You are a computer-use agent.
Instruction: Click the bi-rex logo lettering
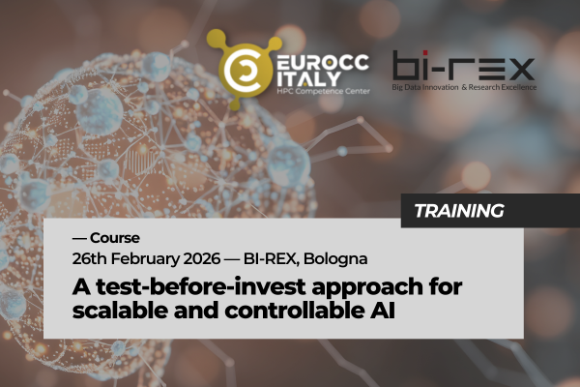coord(463,66)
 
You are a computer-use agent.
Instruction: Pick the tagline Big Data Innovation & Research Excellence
coord(464,87)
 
